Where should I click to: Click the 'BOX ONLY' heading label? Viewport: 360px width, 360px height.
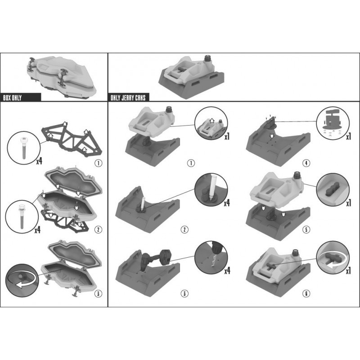pyautogui.click(x=13, y=98)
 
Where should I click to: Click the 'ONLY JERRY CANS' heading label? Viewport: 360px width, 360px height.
pyautogui.click(x=128, y=98)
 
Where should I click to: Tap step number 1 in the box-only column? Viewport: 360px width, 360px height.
pyautogui.click(x=98, y=163)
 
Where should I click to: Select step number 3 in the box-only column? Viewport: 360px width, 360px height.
pyautogui.click(x=98, y=293)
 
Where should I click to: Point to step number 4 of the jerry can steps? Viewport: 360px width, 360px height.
pyautogui.click(x=306, y=163)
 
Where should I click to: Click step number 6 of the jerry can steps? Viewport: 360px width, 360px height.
pyautogui.click(x=306, y=293)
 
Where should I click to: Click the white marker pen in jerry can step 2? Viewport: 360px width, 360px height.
pyautogui.click(x=142, y=202)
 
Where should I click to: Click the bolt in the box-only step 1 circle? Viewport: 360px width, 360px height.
pyautogui.click(x=24, y=148)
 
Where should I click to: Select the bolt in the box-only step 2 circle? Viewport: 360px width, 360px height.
pyautogui.click(x=22, y=216)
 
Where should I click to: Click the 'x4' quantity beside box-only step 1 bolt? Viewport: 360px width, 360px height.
pyautogui.click(x=39, y=161)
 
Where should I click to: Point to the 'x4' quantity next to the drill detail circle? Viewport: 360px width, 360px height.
pyautogui.click(x=227, y=271)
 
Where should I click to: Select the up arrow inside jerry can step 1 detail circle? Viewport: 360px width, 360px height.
pyautogui.click(x=211, y=121)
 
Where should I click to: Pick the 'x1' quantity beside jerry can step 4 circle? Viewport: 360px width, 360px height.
pyautogui.click(x=349, y=137)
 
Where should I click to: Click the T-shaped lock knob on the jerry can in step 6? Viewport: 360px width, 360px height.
pyautogui.click(x=271, y=266)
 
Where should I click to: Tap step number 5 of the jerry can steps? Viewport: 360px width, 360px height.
pyautogui.click(x=306, y=229)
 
